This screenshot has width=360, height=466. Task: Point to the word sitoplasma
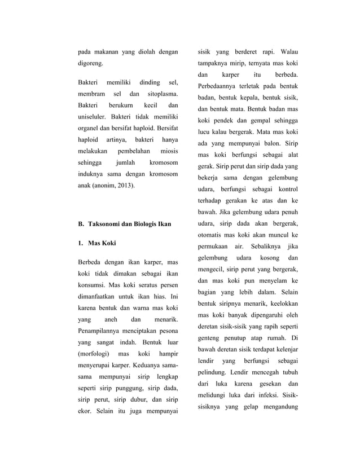click(163, 94)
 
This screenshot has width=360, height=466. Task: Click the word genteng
click(210, 338)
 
